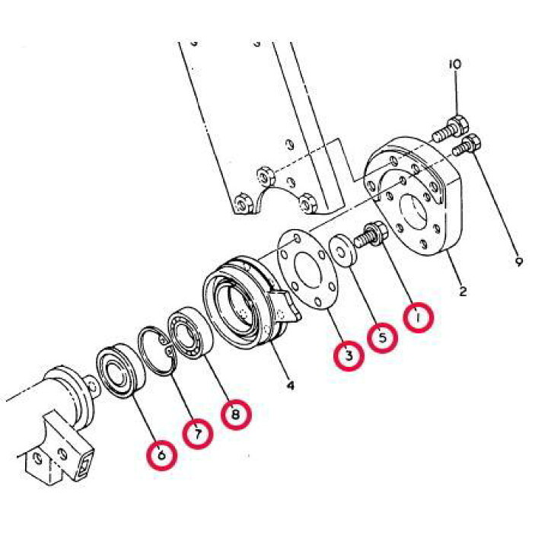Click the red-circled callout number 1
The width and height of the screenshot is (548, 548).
tap(419, 317)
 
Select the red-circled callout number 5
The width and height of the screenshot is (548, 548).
tap(382, 338)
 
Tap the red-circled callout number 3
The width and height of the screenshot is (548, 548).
tap(349, 355)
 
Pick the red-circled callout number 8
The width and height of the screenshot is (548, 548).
tap(235, 415)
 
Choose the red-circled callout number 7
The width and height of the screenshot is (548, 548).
tap(197, 434)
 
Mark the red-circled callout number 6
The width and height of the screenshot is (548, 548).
tap(161, 455)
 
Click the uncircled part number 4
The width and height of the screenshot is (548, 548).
tap(290, 385)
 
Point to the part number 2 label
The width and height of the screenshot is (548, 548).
tap(463, 291)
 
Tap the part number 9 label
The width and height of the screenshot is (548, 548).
tap(519, 261)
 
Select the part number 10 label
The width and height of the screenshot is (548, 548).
tap(455, 64)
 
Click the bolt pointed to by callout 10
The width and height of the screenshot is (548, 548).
tap(450, 129)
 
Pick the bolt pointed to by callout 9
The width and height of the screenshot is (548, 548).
tap(467, 145)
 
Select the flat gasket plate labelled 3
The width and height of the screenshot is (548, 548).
tap(307, 270)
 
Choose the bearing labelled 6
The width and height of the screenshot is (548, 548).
tap(121, 371)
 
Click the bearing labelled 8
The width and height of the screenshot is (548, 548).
tap(190, 333)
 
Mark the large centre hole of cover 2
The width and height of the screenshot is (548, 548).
tap(413, 211)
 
